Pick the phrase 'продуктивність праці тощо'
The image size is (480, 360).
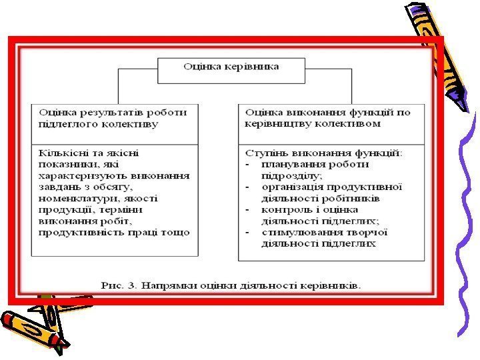pos(114,233)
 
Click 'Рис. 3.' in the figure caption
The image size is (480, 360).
pos(116,285)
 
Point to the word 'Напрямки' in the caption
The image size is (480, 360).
pos(162,285)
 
